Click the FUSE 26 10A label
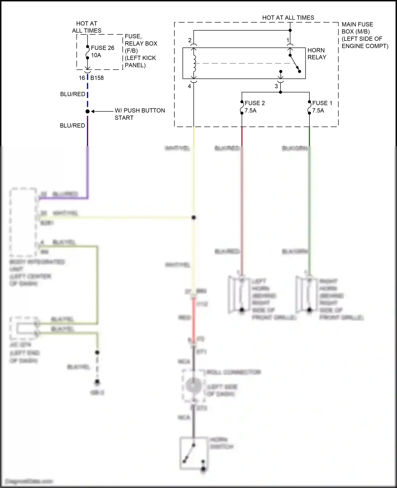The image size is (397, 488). [x=102, y=52]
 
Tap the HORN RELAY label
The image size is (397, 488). [x=317, y=54]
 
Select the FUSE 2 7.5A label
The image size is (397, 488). [x=254, y=107]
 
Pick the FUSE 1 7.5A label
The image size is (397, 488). [x=322, y=107]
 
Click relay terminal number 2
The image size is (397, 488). [x=190, y=40]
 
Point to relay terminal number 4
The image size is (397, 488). [x=190, y=86]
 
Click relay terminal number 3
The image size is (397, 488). [x=276, y=86]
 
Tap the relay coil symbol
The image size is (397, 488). [x=195, y=63]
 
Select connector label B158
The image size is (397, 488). [x=97, y=78]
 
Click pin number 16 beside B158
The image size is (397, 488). [x=82, y=78]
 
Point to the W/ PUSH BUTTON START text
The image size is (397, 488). [x=139, y=114]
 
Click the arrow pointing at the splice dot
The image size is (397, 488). [x=102, y=111]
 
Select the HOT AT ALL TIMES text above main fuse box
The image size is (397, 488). [x=288, y=18]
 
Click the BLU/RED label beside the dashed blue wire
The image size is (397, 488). [x=73, y=94]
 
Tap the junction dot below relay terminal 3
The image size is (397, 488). [x=281, y=92]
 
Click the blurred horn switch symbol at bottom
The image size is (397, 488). [x=193, y=454]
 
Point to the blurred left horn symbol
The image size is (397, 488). [x=239, y=294]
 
